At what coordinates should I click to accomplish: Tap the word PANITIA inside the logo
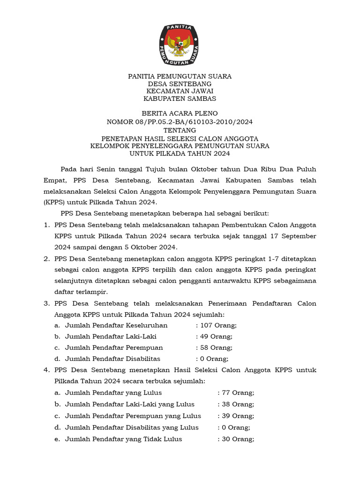[x=180, y=28]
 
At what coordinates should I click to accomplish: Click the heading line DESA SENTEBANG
[x=180, y=83]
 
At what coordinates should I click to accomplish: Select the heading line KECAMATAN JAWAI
[x=180, y=91]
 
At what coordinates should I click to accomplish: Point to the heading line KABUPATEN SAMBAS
[x=180, y=98]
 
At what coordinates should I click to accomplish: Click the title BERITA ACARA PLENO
[x=180, y=114]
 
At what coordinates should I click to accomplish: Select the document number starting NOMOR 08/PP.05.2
[x=180, y=122]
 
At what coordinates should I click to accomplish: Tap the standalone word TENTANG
[x=180, y=130]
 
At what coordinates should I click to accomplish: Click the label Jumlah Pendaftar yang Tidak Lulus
[x=124, y=439]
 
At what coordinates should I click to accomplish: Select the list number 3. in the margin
[x=46, y=303]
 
